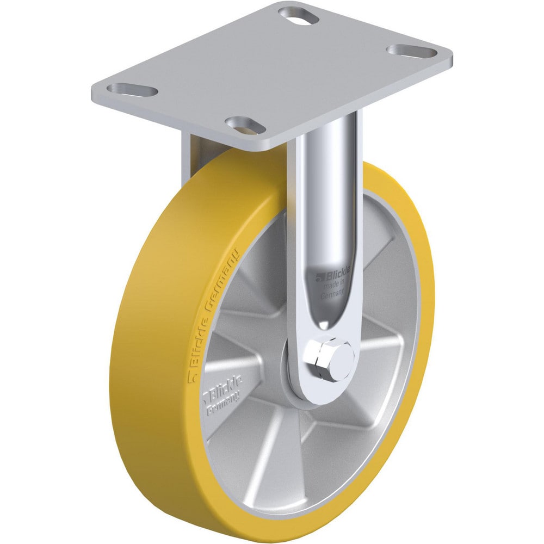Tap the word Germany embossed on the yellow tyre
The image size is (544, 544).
(222, 287)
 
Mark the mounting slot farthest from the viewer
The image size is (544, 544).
(298, 14)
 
